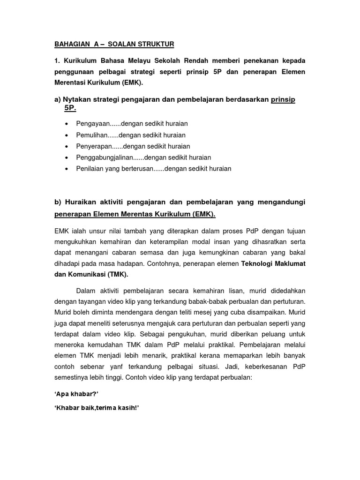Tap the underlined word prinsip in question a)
pyautogui.click(x=283, y=99)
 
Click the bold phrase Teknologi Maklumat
pyautogui.click(x=273, y=264)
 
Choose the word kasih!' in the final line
pyautogui.click(x=128, y=408)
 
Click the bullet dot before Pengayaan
pyautogui.click(x=66, y=124)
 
